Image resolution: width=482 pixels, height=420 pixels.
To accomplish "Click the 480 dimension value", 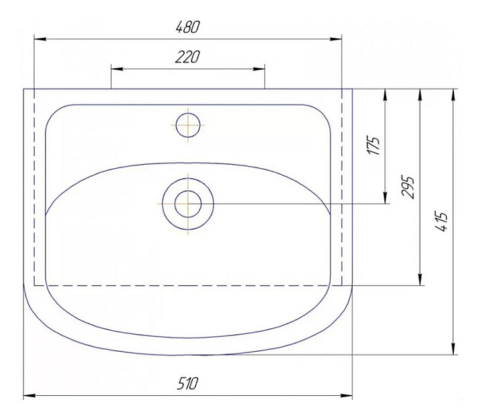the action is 188,27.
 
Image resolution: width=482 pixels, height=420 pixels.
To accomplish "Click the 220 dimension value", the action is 187,57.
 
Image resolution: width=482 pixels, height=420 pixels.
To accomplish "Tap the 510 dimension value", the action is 187,383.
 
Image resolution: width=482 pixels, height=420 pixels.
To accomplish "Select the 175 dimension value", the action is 373,145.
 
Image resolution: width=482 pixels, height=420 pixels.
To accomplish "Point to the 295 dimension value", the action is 408,187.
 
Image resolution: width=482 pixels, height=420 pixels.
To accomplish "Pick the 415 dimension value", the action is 442,222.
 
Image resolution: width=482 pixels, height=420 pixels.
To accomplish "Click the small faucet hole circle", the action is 188,125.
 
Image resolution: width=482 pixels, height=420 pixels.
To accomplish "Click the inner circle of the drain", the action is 188,204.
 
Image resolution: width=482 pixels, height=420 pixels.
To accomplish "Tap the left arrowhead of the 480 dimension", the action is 40,39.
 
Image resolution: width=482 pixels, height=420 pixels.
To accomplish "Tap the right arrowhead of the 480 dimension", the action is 335,39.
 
